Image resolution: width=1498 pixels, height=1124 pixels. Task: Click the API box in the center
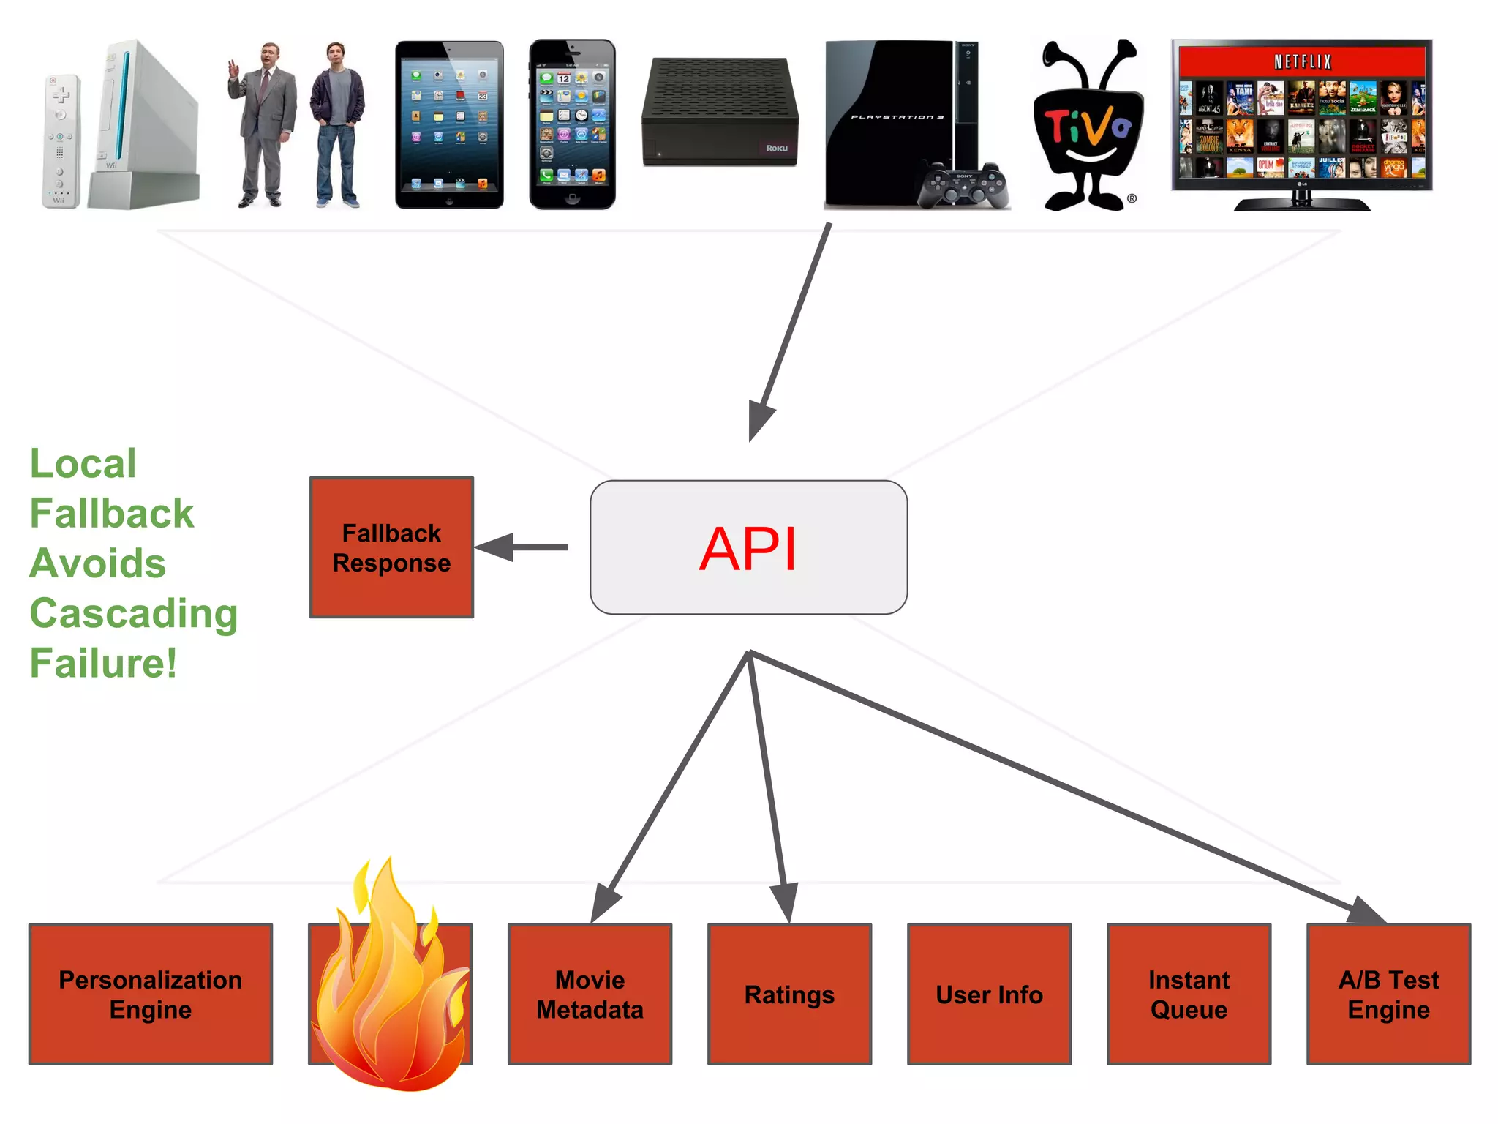748,547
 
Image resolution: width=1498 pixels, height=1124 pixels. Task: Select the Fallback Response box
391,547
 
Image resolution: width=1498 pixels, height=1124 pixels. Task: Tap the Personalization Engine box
151,994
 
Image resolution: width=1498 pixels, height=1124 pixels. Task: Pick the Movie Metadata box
590,994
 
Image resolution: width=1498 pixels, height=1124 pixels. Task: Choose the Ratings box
789,994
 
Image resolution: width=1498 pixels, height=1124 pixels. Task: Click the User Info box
989,994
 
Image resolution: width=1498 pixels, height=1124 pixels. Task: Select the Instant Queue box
1189,994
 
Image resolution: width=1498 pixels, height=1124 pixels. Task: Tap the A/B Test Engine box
1388,994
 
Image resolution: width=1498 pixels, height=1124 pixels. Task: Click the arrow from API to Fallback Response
523,547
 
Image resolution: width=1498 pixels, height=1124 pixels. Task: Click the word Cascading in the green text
134,613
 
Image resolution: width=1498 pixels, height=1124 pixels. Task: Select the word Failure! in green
103,663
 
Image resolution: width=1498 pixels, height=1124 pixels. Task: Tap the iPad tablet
449,124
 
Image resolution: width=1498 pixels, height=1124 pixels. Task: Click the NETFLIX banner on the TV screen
1302,61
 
